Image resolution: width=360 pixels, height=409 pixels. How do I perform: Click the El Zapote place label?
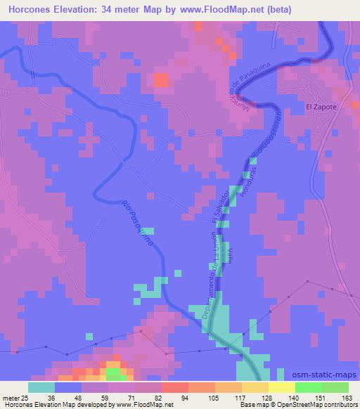click(x=321, y=107)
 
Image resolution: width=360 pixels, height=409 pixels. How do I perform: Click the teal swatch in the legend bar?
click(x=41, y=387)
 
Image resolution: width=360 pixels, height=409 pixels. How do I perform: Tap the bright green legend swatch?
click(x=309, y=387)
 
